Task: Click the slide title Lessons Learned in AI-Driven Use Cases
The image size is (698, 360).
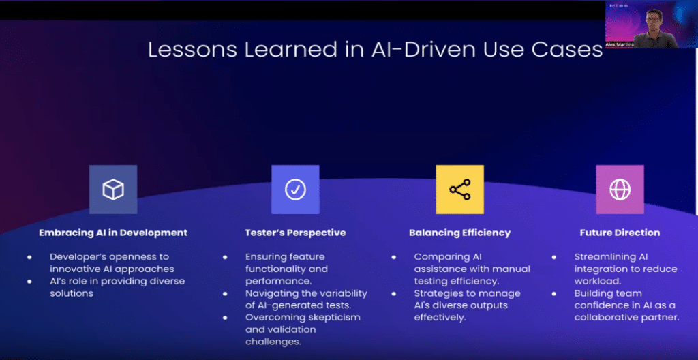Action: point(375,50)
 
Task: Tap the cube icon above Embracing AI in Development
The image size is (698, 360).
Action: point(113,190)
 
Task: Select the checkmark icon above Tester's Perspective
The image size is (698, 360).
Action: point(295,190)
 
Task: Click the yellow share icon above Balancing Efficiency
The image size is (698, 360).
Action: point(459,190)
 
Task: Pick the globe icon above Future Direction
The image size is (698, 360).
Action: point(620,190)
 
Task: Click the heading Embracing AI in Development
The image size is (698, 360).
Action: point(113,232)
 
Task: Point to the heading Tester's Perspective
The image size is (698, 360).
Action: point(295,232)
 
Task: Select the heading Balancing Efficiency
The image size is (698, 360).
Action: point(459,232)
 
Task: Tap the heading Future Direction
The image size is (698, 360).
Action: point(620,232)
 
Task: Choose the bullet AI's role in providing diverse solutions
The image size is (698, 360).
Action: point(116,287)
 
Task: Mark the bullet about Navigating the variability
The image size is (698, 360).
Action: point(305,299)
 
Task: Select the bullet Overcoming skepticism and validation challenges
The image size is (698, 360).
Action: point(303,329)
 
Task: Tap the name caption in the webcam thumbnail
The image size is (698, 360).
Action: point(620,44)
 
